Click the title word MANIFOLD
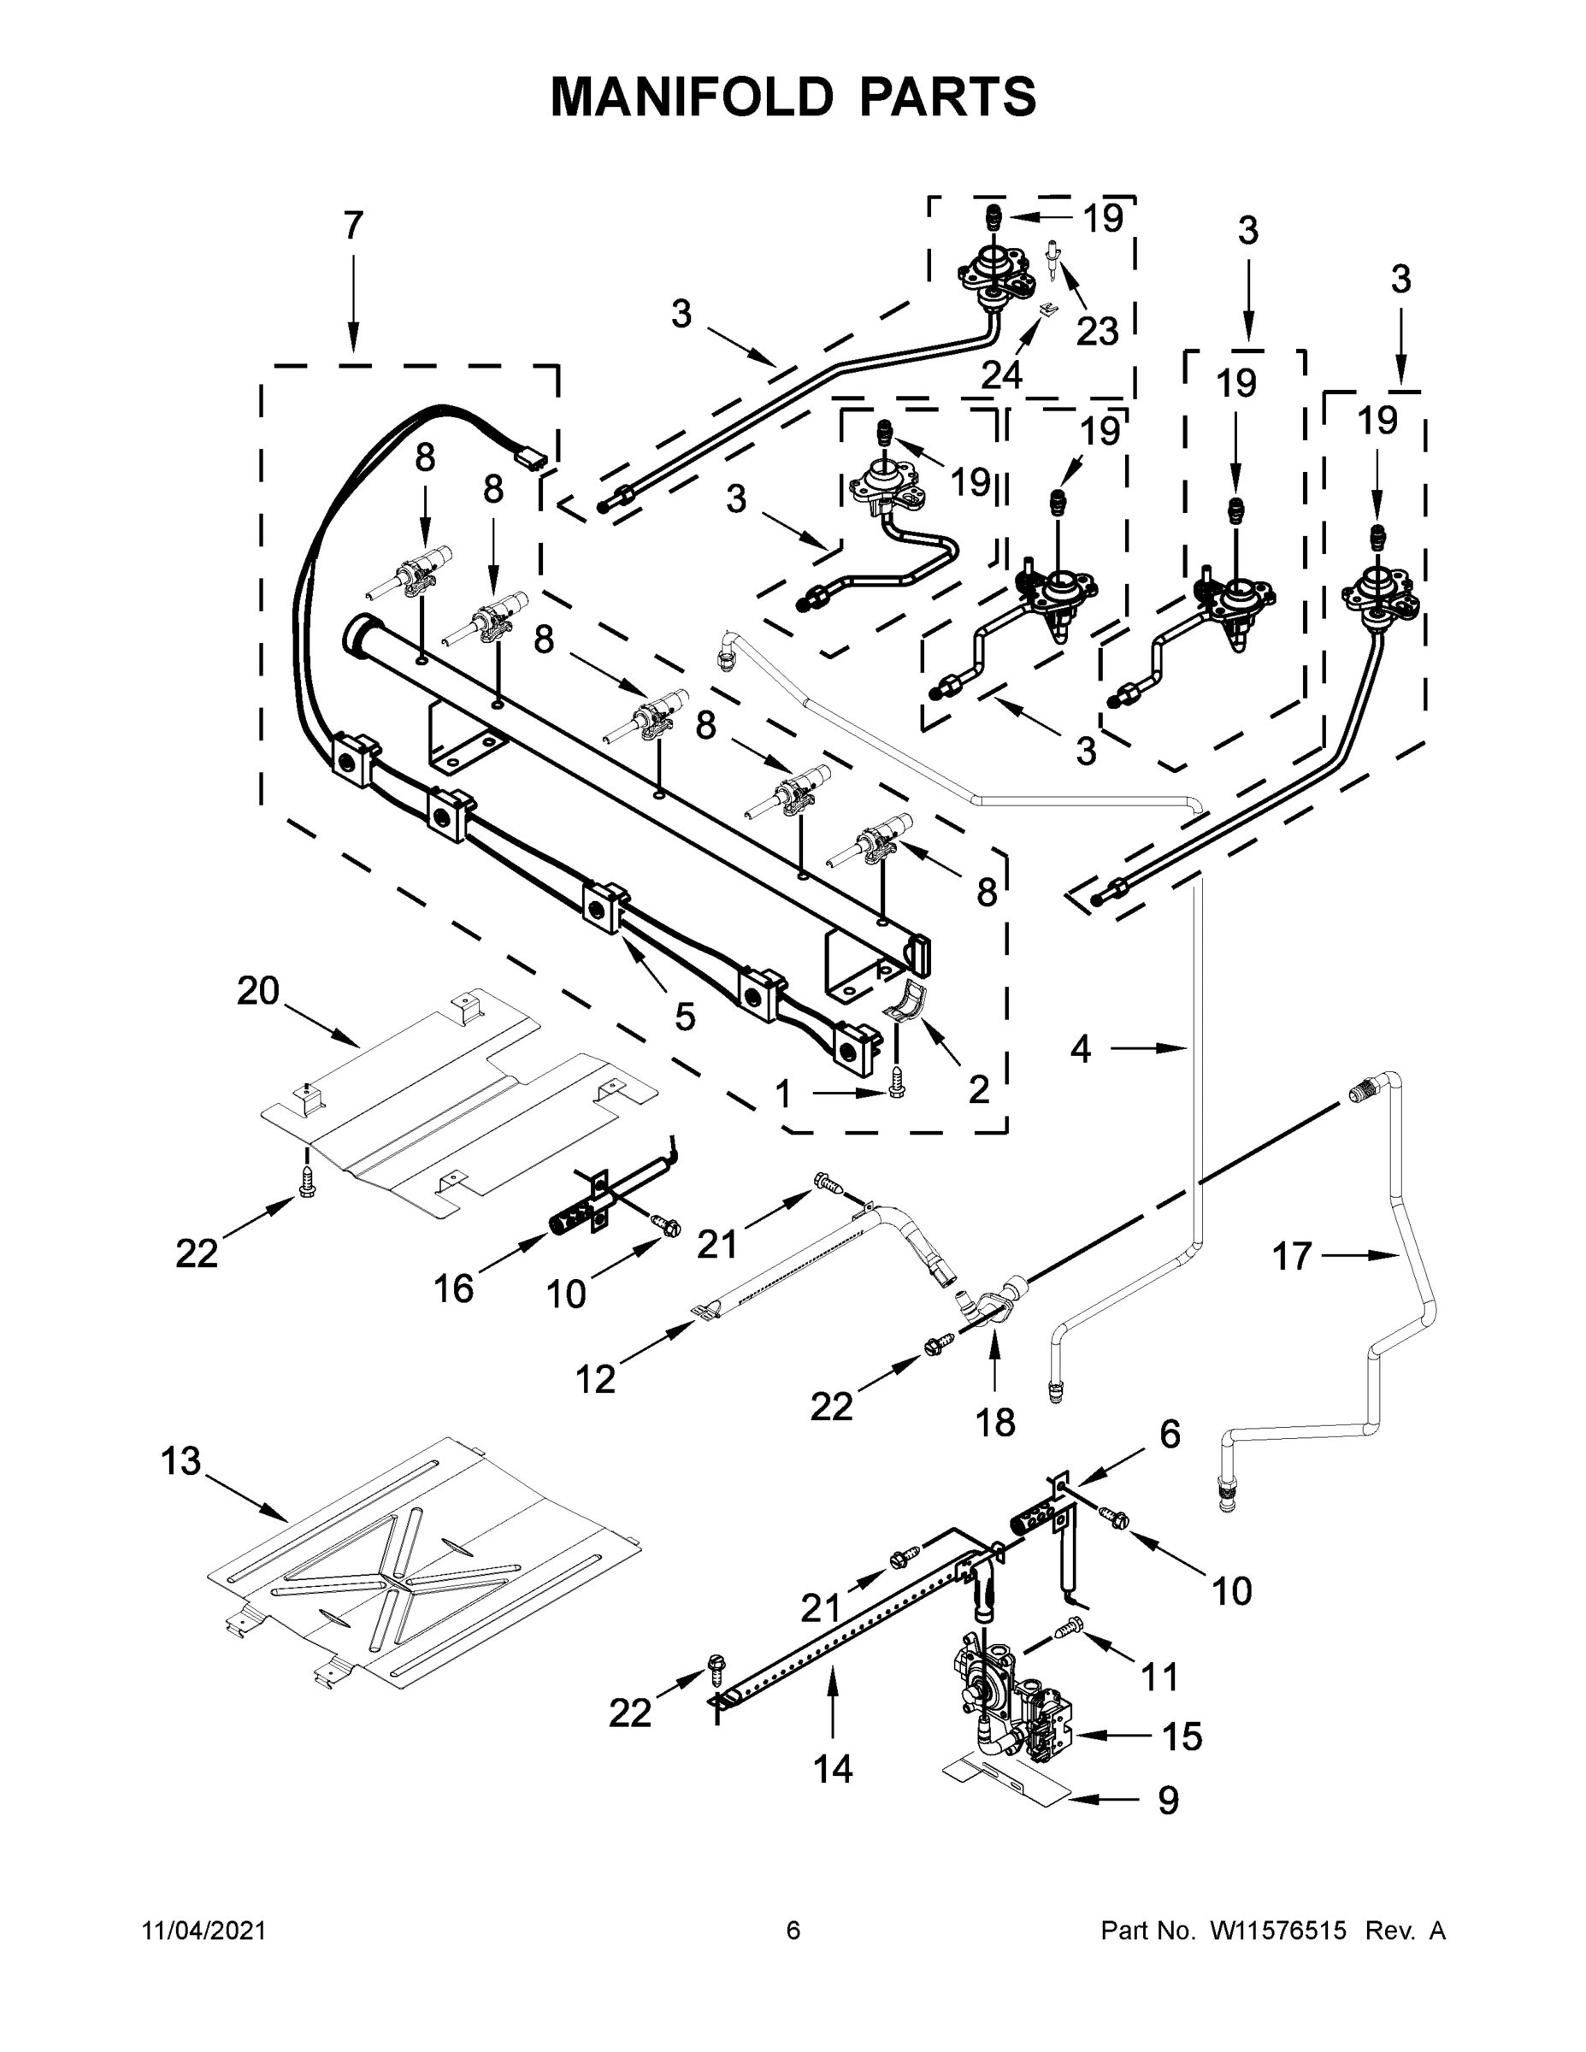point(692,97)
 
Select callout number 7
point(352,227)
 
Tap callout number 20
point(258,990)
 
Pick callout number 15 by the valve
point(1182,1737)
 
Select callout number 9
point(1167,1800)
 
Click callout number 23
point(1098,331)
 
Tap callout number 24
point(1001,374)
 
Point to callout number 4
point(1081,1048)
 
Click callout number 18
point(995,1423)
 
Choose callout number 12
point(596,1379)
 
